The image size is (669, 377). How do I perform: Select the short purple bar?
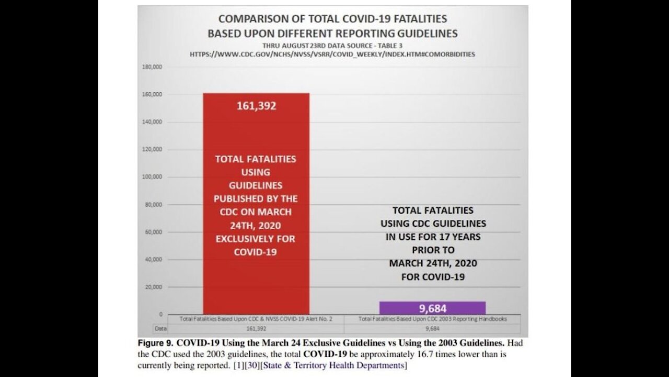pyautogui.click(x=432, y=308)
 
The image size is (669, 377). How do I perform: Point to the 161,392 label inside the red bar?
pyautogui.click(x=256, y=106)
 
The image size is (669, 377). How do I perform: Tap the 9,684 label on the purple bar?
pyautogui.click(x=432, y=308)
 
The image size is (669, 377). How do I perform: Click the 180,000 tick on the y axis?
pyautogui.click(x=152, y=67)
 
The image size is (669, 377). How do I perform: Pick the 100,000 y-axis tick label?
pyautogui.click(x=152, y=177)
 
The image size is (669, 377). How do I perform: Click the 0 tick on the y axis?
pyautogui.click(x=160, y=314)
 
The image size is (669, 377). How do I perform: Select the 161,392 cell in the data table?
pyautogui.click(x=256, y=328)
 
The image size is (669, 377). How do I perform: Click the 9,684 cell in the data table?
pyautogui.click(x=432, y=328)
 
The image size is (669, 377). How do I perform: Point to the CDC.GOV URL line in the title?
pyautogui.click(x=332, y=54)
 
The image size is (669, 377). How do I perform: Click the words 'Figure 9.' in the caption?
pyautogui.click(x=155, y=343)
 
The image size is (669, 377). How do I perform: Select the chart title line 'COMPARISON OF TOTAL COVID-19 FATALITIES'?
pyautogui.click(x=332, y=19)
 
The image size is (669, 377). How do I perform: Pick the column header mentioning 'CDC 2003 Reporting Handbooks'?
pyautogui.click(x=432, y=318)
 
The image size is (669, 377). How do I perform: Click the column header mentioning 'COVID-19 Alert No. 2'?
pyautogui.click(x=256, y=318)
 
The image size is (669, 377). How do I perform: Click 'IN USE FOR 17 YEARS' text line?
pyautogui.click(x=432, y=237)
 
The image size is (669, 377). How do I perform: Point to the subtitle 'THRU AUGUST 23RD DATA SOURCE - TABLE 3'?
pyautogui.click(x=332, y=45)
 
